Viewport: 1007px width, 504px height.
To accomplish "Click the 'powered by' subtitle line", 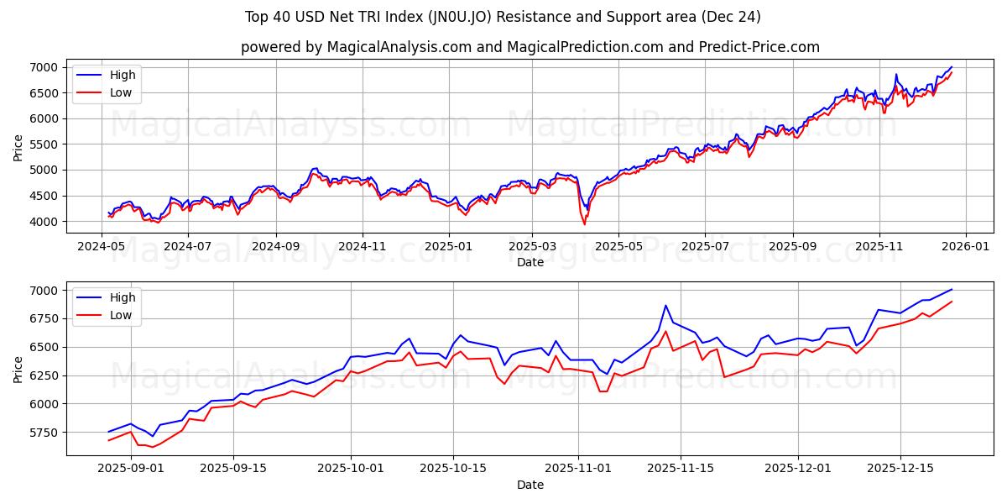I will coord(530,47).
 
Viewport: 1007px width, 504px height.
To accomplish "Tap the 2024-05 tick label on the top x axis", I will coord(102,247).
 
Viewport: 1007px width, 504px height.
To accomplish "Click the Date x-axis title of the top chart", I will coord(530,262).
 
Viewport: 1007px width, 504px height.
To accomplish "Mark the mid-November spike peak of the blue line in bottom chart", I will coord(665,305).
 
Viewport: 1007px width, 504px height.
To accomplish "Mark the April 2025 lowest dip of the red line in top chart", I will coord(585,224).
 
